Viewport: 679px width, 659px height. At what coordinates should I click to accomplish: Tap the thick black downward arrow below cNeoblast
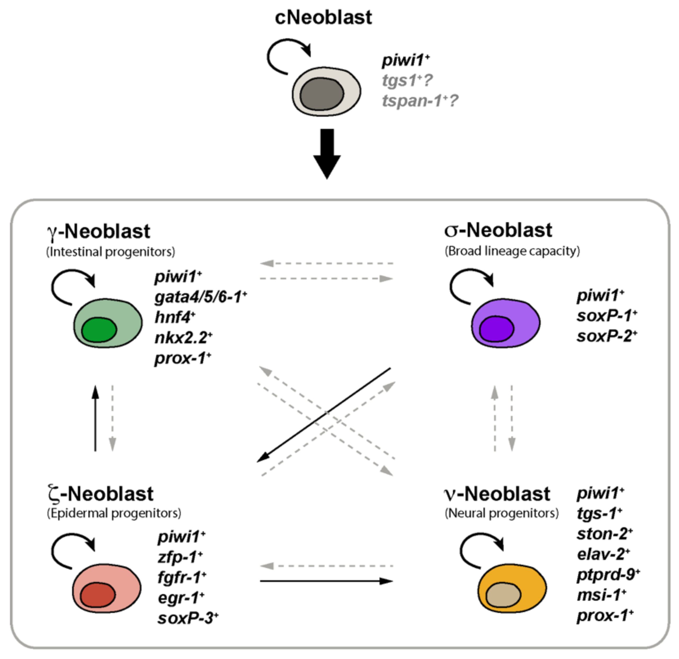(x=327, y=152)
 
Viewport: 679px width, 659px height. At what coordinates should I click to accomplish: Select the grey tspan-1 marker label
(x=419, y=101)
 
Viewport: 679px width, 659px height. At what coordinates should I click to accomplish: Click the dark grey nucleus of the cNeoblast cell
(x=321, y=94)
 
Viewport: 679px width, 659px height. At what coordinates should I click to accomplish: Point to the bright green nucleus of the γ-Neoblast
(x=99, y=330)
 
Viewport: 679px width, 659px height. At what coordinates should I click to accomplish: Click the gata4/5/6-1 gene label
(x=200, y=297)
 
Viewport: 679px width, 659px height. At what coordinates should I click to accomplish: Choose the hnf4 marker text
(x=175, y=317)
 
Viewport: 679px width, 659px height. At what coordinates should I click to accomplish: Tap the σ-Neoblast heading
(x=498, y=230)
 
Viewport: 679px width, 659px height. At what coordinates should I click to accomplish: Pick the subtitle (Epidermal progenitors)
(x=114, y=513)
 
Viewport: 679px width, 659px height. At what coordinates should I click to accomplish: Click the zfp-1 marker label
(x=180, y=557)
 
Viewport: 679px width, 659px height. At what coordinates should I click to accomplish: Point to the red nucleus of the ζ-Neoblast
(x=98, y=595)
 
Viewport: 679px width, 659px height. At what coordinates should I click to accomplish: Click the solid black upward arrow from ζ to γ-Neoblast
(x=95, y=419)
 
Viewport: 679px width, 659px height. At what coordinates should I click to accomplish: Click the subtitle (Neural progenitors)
(x=501, y=513)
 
